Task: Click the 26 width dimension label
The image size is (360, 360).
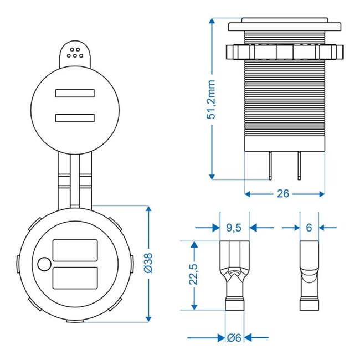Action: [284, 194]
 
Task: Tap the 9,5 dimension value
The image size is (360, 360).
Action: [235, 227]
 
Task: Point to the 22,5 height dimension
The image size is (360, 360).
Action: [194, 275]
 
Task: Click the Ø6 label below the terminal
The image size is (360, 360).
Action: [235, 337]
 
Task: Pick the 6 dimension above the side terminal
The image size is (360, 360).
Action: [309, 227]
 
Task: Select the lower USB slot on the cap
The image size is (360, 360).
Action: [75, 117]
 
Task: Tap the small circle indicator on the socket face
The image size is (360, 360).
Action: [43, 264]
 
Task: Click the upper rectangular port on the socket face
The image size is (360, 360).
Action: [75, 250]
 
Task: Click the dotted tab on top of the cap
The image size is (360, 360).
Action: [74, 54]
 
